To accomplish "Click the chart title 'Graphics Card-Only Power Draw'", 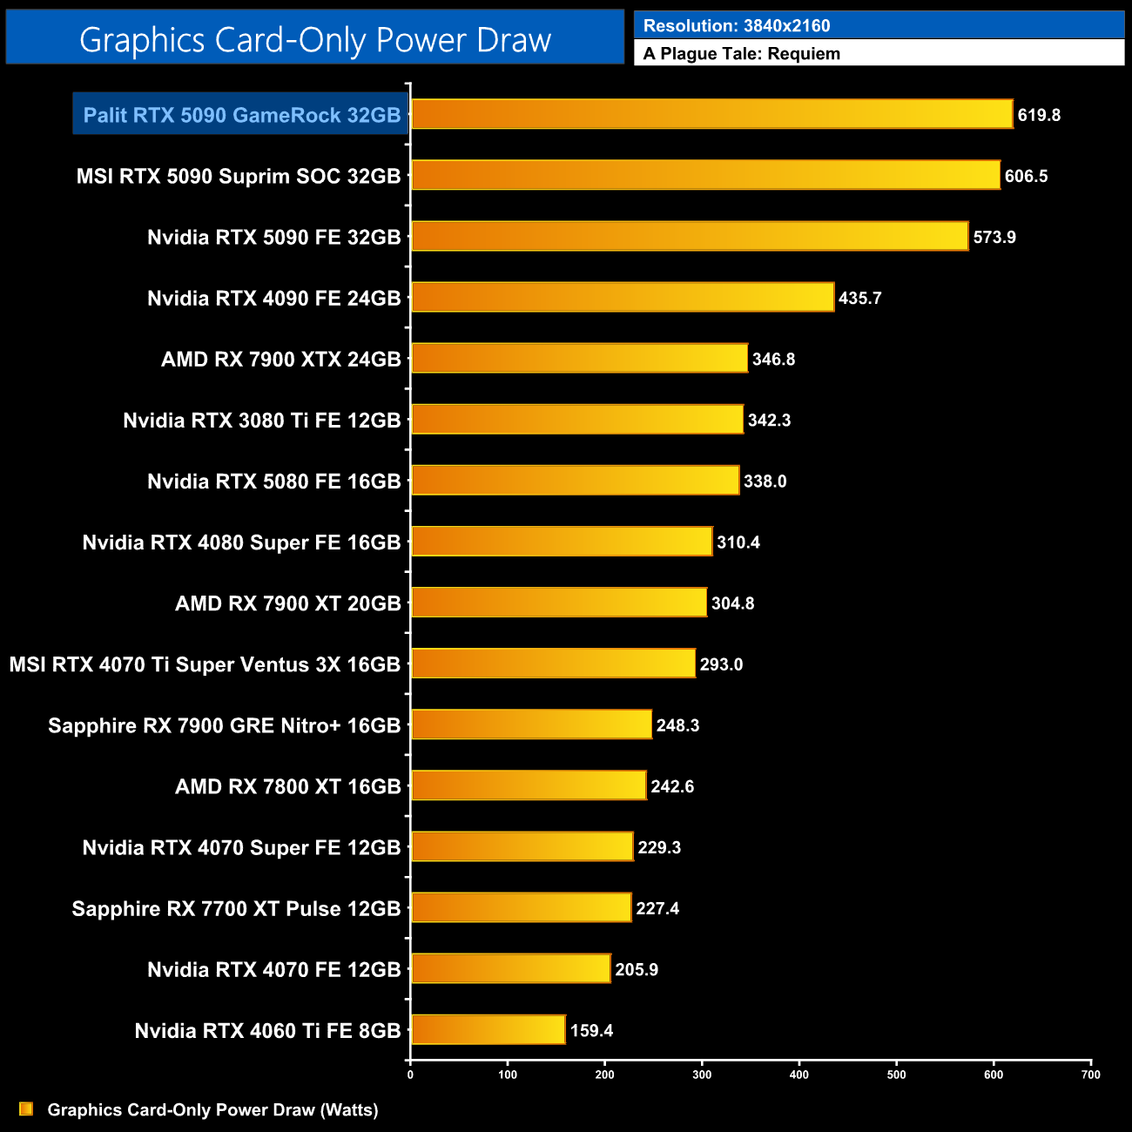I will (314, 40).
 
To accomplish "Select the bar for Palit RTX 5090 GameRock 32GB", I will (711, 114).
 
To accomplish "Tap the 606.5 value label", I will (1026, 176).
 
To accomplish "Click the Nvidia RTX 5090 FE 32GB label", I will (273, 237).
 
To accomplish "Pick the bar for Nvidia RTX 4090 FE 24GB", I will (622, 298).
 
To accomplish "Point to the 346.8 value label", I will (773, 359).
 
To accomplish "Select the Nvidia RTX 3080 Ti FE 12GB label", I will (261, 421).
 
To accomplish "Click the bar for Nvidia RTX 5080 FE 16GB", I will (575, 481).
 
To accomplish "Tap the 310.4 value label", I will (738, 542).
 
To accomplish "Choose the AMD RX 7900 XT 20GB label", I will (287, 603).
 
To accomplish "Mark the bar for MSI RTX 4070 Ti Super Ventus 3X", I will (553, 664).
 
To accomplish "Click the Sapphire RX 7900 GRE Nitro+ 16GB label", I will (224, 725).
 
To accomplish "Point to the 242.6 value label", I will (671, 786).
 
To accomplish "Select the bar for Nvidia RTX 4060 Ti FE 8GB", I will (488, 1030).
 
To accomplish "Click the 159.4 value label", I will (591, 1031).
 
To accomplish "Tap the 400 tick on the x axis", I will (798, 1075).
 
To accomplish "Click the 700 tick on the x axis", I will (1090, 1075).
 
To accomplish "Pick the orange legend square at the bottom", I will (26, 1108).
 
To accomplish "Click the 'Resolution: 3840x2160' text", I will (737, 25).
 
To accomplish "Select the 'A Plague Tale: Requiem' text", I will (742, 53).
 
